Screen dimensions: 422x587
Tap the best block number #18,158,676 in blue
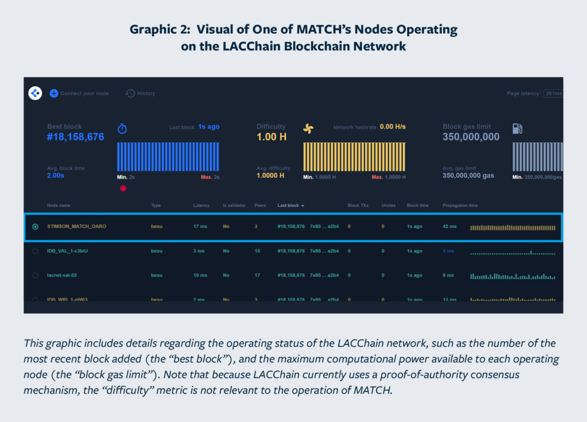click(76, 137)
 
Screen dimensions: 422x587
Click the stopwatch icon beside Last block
click(122, 128)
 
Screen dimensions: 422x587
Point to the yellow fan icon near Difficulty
click(308, 129)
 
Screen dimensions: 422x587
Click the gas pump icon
click(517, 128)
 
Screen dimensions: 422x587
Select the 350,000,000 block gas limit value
click(471, 137)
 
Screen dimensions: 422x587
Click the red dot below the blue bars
click(123, 188)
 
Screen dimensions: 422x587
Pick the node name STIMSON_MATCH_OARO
click(76, 226)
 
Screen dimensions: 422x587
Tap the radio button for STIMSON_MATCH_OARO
click(36, 226)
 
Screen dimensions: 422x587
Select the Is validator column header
click(233, 205)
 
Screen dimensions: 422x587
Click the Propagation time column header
click(460, 205)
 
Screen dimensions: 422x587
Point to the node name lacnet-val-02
click(62, 275)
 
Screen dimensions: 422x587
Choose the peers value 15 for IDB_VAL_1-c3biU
click(257, 251)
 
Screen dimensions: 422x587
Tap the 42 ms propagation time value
click(449, 226)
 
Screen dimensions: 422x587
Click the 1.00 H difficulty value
click(271, 137)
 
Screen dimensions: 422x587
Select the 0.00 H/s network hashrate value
click(393, 127)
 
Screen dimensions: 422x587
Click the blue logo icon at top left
click(35, 93)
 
